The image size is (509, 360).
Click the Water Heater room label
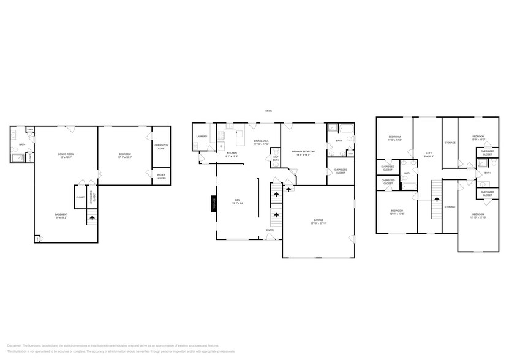click(161, 176)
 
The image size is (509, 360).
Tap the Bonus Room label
click(66, 155)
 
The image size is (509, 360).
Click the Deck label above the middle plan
click(268, 111)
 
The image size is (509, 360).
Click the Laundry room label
click(202, 137)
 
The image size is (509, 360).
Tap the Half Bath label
click(276, 159)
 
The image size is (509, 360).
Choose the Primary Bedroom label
click(304, 151)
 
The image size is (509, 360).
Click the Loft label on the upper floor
click(429, 154)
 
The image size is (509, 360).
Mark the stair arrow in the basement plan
click(91, 217)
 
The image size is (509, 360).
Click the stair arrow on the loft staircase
click(437, 199)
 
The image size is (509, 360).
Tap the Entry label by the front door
click(270, 230)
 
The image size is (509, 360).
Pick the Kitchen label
click(232, 152)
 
